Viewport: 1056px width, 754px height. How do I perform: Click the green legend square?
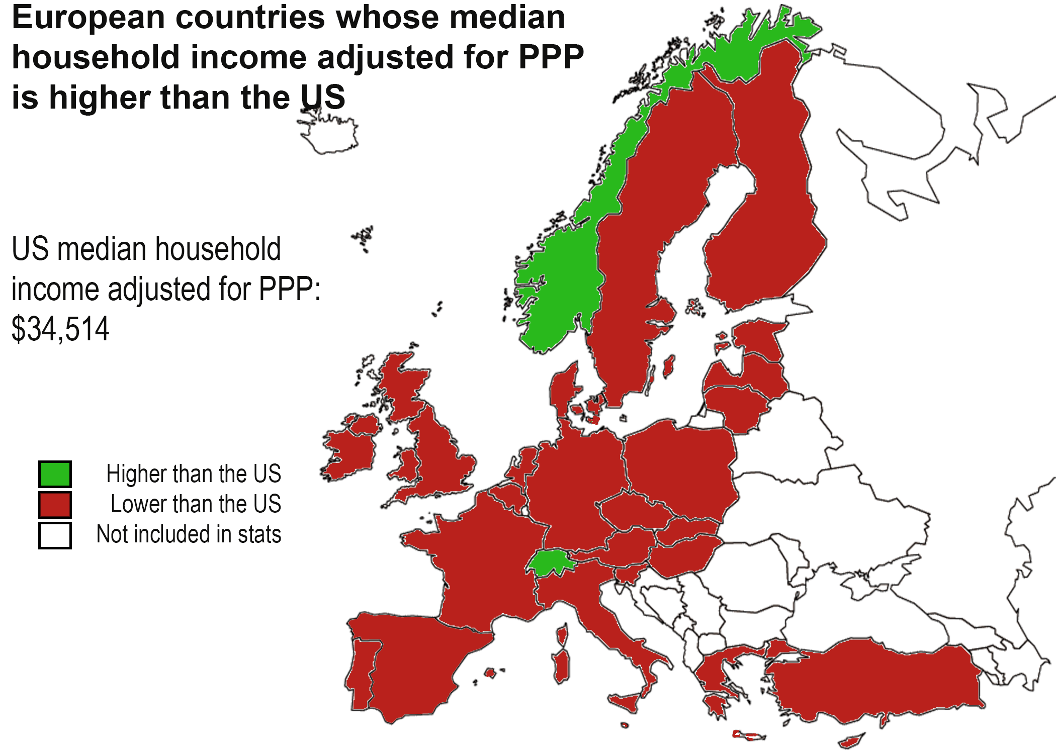click(55, 474)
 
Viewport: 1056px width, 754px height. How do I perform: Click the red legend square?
click(55, 505)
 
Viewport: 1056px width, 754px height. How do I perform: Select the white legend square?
click(55, 535)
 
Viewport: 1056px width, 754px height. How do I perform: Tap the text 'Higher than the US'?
click(194, 474)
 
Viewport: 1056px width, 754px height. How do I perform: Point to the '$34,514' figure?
click(60, 329)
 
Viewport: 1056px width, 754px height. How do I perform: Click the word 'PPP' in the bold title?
click(551, 57)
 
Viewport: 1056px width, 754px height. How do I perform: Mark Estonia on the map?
click(757, 337)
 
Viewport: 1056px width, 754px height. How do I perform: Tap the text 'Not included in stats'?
click(189, 534)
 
